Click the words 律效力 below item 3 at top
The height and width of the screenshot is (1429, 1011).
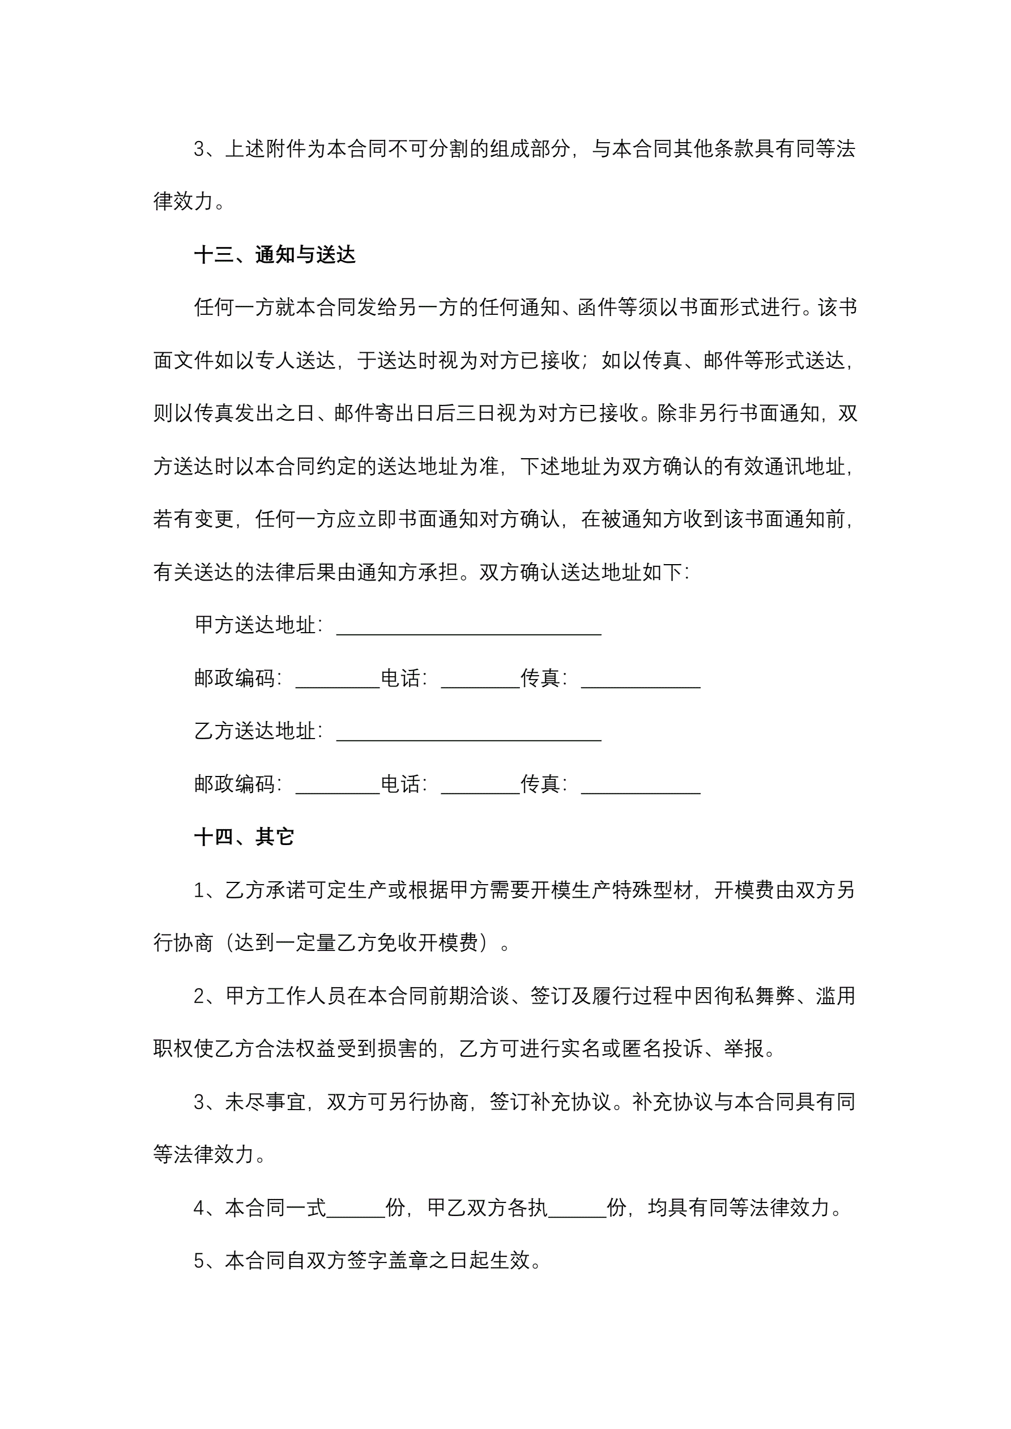(184, 201)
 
